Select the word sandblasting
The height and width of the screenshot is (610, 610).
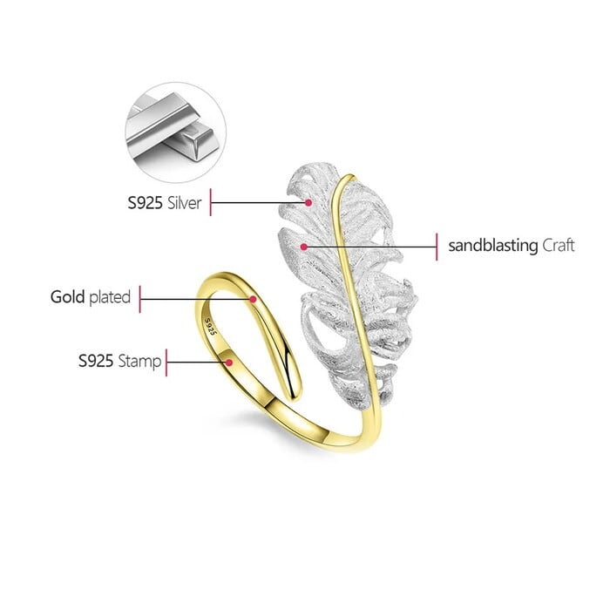[492, 246]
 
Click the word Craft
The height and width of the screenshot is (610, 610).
[559, 246]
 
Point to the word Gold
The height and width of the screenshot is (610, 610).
[67, 297]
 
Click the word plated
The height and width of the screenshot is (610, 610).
[110, 297]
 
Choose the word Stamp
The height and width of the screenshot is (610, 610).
[139, 360]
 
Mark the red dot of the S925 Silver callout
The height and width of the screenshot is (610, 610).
[308, 202]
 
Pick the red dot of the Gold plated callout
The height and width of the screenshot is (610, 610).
[253, 299]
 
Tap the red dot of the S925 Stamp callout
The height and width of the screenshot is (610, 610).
[229, 361]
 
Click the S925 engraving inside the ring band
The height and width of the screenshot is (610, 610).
[209, 326]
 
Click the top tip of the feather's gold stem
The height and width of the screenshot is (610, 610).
[348, 178]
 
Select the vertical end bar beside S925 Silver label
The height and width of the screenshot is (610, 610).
[212, 203]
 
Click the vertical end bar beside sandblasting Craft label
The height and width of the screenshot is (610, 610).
[436, 247]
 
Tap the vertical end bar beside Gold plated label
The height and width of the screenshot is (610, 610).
[141, 298]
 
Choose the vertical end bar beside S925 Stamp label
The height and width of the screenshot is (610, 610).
[167, 361]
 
